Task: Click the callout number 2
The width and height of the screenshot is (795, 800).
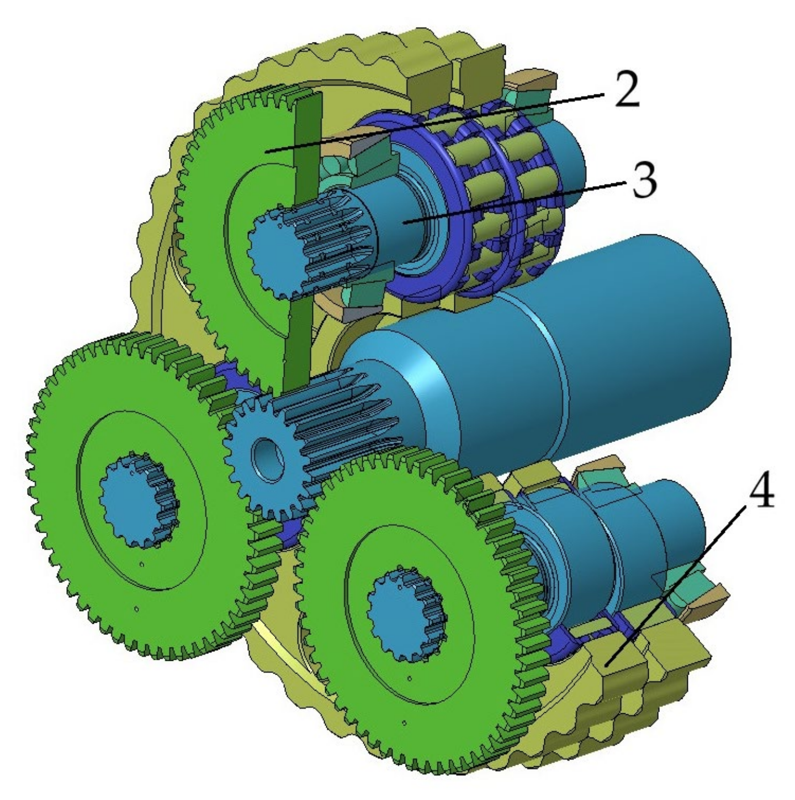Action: point(627,91)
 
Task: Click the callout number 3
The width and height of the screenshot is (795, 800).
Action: point(644,181)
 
